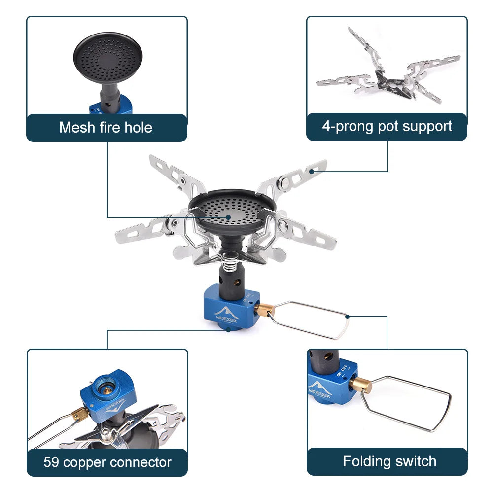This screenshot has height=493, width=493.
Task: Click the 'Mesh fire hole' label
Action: pyautogui.click(x=106, y=128)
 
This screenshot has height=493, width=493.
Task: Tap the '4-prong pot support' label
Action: pyautogui.click(x=387, y=126)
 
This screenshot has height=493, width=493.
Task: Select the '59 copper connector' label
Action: pyautogui.click(x=107, y=462)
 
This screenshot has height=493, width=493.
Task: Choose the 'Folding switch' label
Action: pyautogui.click(x=389, y=461)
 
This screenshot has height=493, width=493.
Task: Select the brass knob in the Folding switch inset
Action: pyautogui.click(x=361, y=385)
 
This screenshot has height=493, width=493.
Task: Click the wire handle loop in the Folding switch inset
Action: pyautogui.click(x=409, y=402)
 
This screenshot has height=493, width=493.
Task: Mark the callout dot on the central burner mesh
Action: pyautogui.click(x=229, y=216)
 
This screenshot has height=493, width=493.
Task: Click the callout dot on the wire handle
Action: pyautogui.click(x=348, y=317)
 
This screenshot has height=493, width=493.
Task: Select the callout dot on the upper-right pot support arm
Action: pyautogui.click(x=312, y=172)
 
